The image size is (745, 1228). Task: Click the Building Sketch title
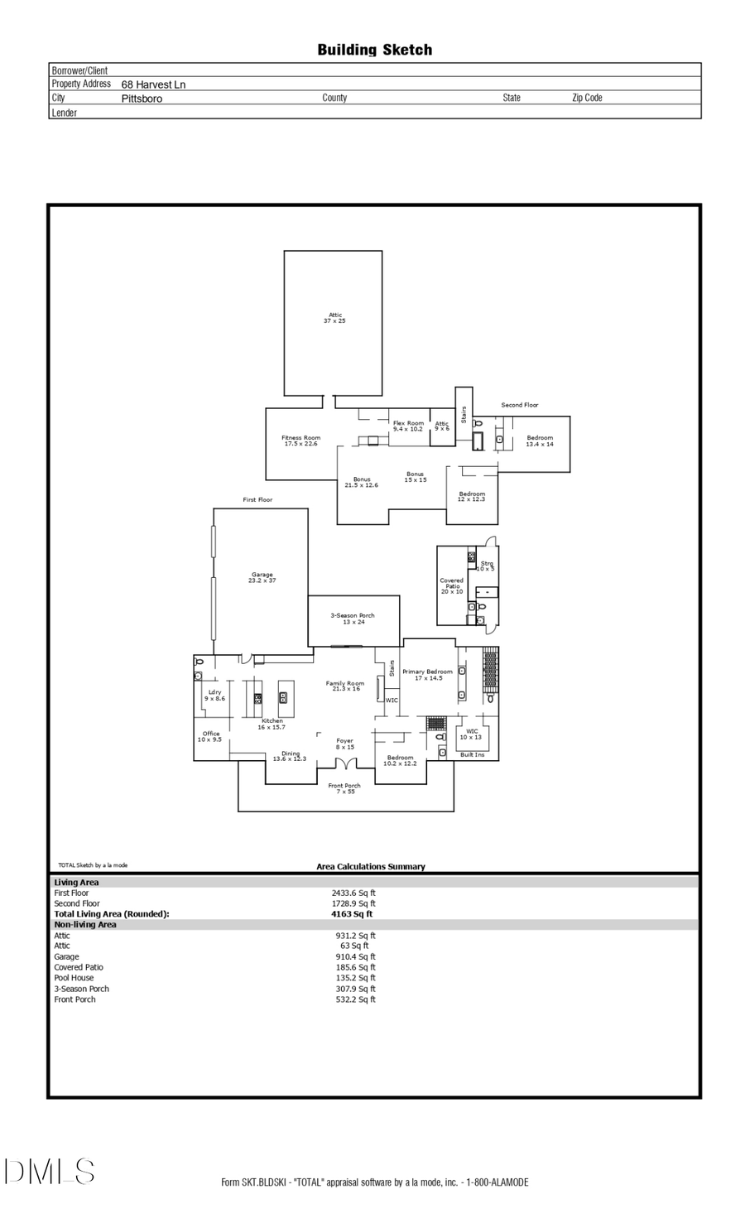(x=374, y=50)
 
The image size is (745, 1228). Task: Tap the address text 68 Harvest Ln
(x=153, y=84)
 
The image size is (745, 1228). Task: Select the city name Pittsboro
(x=142, y=99)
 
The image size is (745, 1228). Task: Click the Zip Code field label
(x=587, y=98)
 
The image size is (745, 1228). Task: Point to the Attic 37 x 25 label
(x=334, y=318)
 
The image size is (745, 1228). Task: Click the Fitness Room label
(x=300, y=441)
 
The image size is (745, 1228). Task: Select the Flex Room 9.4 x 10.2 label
(x=408, y=426)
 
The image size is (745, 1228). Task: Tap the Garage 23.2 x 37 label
(x=262, y=578)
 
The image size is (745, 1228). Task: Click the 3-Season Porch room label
(x=353, y=619)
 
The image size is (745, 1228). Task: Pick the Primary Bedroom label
(x=427, y=674)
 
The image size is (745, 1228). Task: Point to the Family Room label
(x=345, y=686)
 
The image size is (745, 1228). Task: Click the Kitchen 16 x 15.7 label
(x=272, y=724)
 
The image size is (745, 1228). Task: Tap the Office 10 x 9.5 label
(x=210, y=736)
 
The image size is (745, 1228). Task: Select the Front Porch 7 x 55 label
(x=345, y=788)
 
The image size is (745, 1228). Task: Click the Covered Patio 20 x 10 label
(x=452, y=585)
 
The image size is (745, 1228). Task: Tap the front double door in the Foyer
(x=345, y=763)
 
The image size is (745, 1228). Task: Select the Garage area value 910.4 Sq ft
(x=355, y=956)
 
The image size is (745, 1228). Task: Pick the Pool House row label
(x=74, y=978)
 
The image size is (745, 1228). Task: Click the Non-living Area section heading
(x=85, y=925)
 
